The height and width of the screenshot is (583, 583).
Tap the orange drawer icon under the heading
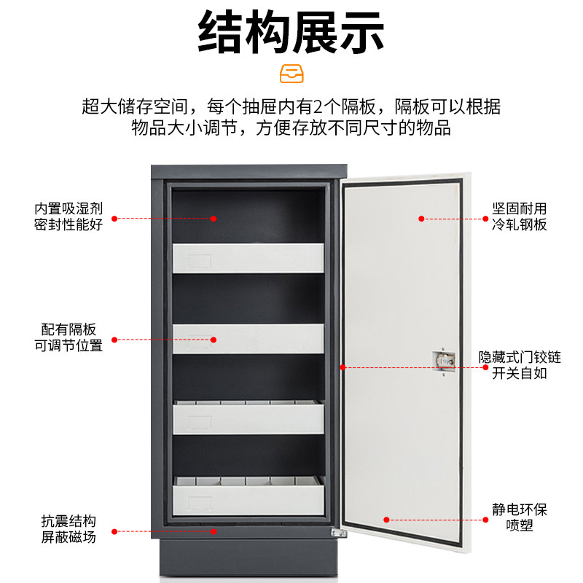pos(291,74)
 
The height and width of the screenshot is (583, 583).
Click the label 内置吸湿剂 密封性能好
pos(69,217)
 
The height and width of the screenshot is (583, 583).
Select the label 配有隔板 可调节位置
pos(69,339)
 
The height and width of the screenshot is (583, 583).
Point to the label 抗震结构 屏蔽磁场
pos(69,531)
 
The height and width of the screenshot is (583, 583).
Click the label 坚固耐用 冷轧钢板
pos(519,217)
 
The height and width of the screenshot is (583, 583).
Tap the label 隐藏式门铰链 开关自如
pos(519,366)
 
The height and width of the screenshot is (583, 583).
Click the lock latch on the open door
pos(442,359)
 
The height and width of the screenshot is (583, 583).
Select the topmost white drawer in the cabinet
pos(248,257)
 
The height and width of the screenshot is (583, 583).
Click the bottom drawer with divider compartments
pos(248,496)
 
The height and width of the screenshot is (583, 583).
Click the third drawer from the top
pos(248,417)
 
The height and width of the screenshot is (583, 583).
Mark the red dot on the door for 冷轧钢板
pos(421,218)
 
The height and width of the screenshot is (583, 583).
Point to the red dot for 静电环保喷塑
pos(386,520)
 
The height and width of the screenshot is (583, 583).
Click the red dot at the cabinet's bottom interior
pos(214,531)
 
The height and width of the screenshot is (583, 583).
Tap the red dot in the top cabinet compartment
pos(214,218)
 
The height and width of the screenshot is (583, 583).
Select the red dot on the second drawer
pos(214,339)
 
